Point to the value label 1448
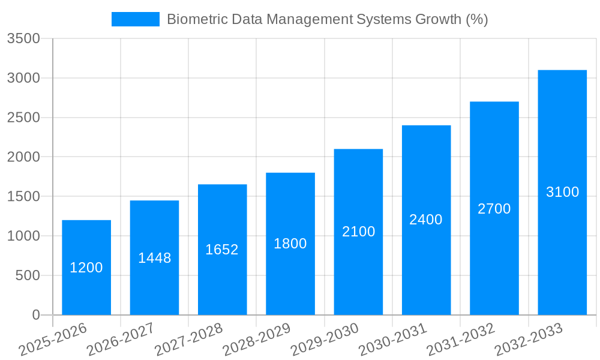coord(154,258)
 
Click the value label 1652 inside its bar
coord(222,250)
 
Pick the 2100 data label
coord(358,232)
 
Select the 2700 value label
coord(494,209)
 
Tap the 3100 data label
coord(562,192)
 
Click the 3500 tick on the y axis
coord(23,39)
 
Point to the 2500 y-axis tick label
coord(23,118)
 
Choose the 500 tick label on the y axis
coord(28,276)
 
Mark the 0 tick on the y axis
coord(36,315)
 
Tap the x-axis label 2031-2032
coord(461,340)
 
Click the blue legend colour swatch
coord(136,19)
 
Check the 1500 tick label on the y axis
coord(23,197)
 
